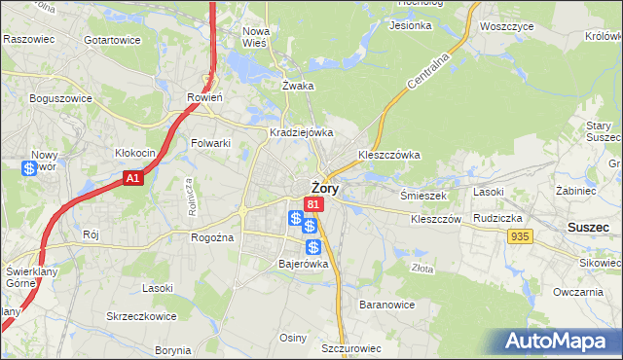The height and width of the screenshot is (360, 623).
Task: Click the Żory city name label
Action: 324,189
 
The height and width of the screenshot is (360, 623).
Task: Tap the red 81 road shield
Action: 312,204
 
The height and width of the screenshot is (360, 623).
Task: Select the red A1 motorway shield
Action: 134,178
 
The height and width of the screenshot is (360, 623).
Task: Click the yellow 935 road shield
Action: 520,236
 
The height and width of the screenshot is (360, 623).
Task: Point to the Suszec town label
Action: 588,227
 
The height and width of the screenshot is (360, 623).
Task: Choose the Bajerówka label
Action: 304,263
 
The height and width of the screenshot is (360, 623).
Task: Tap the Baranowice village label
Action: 387,305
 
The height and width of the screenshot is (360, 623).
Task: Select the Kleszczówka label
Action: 388,154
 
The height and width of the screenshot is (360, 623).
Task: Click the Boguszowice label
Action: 60,98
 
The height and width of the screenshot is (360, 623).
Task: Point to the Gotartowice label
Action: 112,40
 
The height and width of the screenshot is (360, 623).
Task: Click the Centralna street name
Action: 426,72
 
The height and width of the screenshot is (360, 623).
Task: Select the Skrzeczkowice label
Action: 141,317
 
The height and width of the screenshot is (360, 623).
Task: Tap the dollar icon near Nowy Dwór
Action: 29,168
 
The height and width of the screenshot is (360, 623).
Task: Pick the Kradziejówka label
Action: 302,132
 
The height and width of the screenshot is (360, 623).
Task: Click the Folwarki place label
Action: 210,143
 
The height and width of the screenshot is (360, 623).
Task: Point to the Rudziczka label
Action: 499,218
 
